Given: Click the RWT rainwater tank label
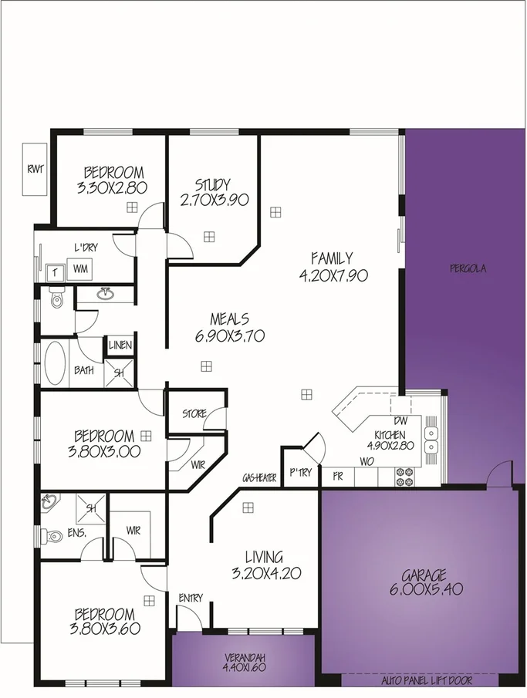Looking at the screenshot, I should tap(34, 170).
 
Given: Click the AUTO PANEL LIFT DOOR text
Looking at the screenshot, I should tap(427, 681).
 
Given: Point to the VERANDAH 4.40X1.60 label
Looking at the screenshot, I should tap(244, 663).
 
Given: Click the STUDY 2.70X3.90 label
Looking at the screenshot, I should tap(212, 192).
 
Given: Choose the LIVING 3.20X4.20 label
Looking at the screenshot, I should tap(265, 565).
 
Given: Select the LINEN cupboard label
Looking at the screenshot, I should tap(120, 346).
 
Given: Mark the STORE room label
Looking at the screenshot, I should tap(194, 414).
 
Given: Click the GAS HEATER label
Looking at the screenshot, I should tap(259, 478).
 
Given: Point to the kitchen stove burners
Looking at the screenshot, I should tap(404, 477).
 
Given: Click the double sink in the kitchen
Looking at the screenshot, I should tap(431, 440).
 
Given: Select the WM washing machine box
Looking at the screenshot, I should tap(81, 270).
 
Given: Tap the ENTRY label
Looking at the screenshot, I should tap(191, 598).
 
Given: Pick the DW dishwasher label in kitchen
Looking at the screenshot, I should tap(399, 421).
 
